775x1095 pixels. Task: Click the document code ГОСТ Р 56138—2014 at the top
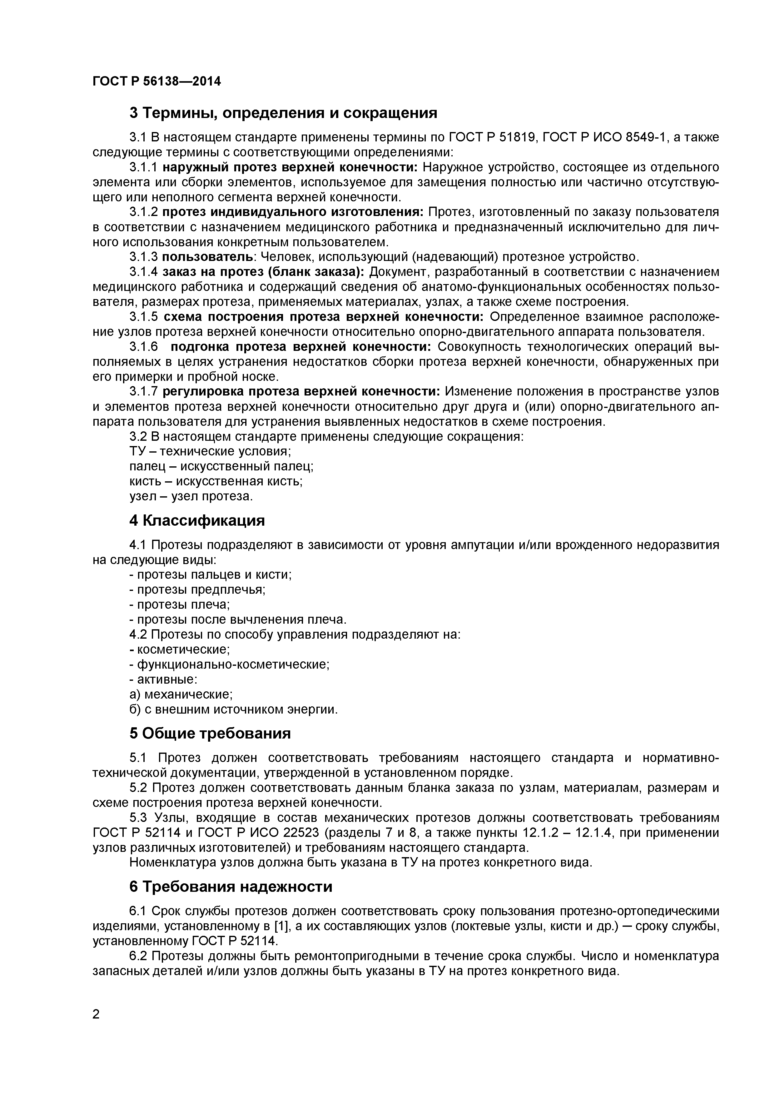tap(156, 81)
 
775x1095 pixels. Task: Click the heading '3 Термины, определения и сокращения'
tap(283, 113)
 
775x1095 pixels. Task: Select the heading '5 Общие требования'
tap(210, 733)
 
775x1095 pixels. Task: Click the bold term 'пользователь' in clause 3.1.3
tap(208, 257)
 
